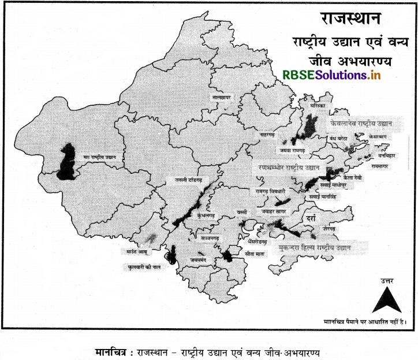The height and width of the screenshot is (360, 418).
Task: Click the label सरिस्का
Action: [x=316, y=108]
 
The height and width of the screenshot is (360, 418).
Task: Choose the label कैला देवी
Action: [x=352, y=177]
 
